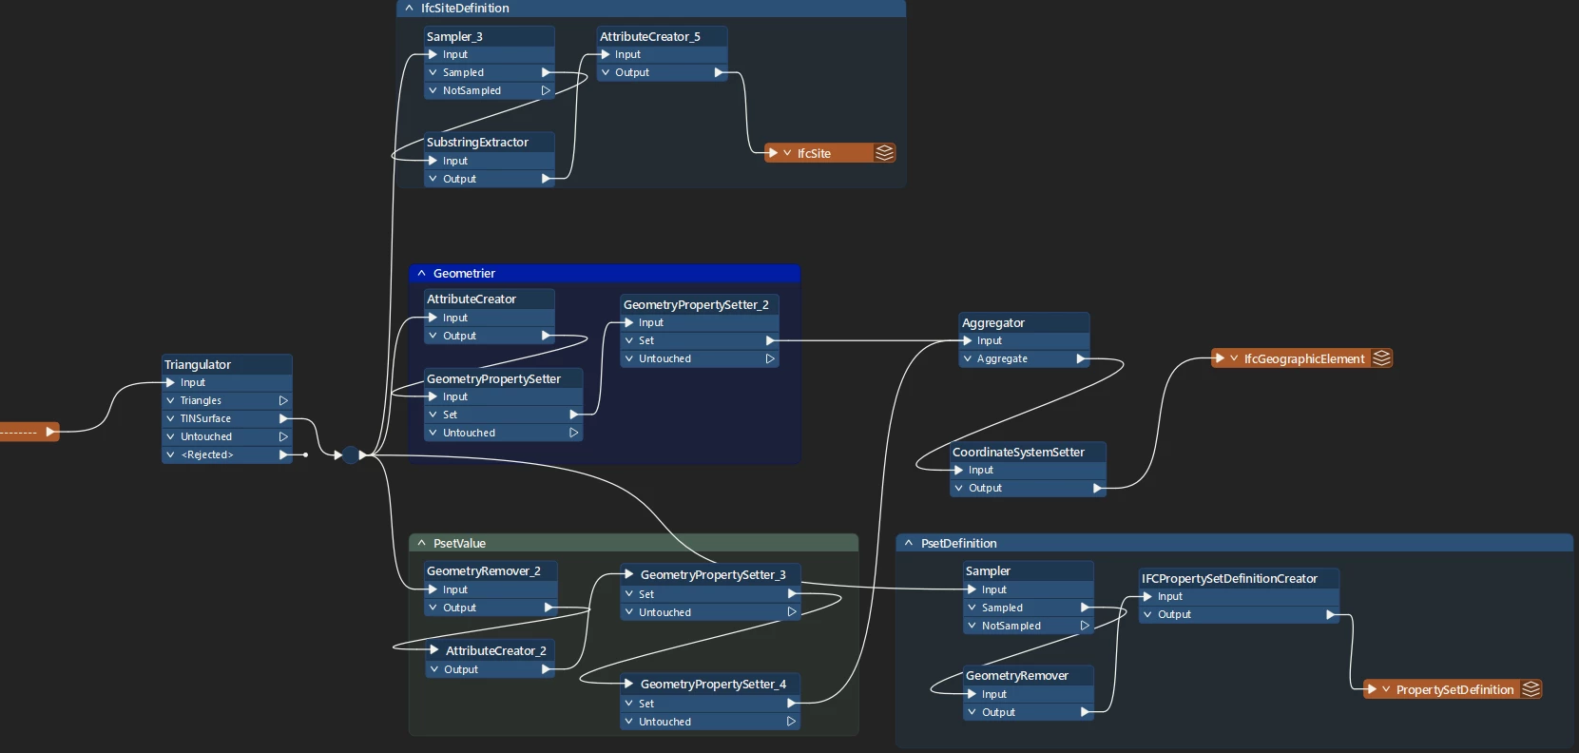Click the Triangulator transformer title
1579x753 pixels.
click(x=198, y=364)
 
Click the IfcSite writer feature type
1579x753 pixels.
click(x=814, y=153)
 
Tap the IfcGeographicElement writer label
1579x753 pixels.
click(x=1303, y=358)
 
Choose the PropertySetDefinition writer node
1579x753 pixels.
click(x=1454, y=689)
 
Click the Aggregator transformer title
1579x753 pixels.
click(x=993, y=322)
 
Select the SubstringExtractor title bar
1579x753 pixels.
click(x=477, y=142)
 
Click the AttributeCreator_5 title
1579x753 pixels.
click(x=650, y=36)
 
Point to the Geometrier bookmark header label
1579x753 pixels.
click(x=464, y=273)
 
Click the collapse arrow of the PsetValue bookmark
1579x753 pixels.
click(x=421, y=543)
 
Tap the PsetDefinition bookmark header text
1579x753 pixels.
click(x=958, y=543)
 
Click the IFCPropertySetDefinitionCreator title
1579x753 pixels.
click(x=1229, y=578)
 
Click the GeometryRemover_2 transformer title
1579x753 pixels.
click(x=483, y=570)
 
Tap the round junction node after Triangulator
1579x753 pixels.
click(x=351, y=455)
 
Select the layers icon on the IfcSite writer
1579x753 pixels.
click(x=884, y=153)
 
